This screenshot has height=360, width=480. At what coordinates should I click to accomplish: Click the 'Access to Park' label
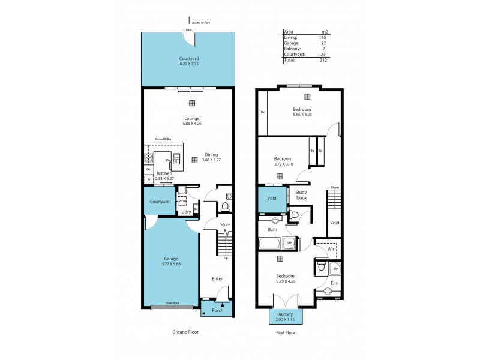coord(201,23)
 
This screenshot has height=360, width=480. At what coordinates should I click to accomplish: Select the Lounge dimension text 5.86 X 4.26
coord(192,124)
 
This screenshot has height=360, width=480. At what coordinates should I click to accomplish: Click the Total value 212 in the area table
coord(323,60)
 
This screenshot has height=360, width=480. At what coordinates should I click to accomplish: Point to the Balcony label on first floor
coord(286,314)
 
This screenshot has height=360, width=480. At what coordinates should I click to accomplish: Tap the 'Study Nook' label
coord(301,194)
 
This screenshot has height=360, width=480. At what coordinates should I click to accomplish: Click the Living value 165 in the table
coord(323,37)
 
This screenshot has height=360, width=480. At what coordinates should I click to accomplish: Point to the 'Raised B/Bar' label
coord(163,139)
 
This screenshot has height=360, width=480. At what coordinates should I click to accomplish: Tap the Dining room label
coord(211,154)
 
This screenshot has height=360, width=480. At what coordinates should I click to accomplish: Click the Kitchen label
coord(164,173)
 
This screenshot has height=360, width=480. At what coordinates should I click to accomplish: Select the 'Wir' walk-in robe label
coord(331,248)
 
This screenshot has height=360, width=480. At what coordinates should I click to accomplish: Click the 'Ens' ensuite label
coord(334,283)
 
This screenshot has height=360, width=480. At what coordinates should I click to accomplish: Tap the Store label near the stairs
coord(225,224)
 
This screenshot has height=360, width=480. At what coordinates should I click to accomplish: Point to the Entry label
coord(217,278)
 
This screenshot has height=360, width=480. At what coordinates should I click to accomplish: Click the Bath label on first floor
coord(272,229)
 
